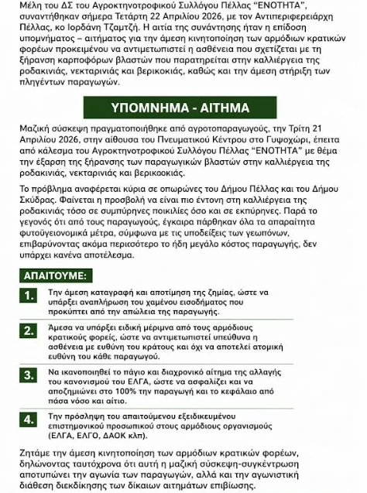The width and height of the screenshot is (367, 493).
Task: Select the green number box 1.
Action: point(29,296)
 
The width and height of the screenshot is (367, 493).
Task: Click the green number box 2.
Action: point(29,330)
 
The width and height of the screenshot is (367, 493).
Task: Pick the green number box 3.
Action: point(29,375)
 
